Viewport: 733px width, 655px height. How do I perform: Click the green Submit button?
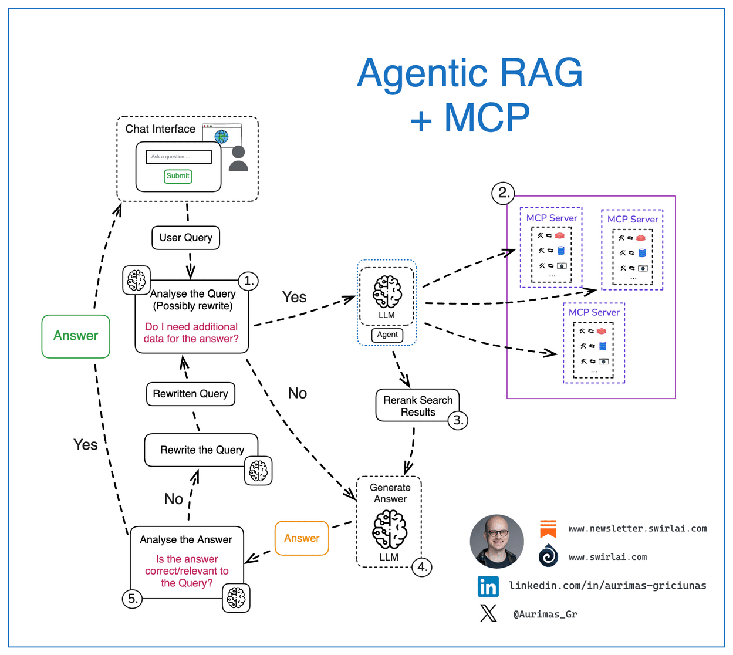click(x=178, y=176)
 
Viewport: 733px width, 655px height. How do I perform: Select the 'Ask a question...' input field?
click(x=178, y=157)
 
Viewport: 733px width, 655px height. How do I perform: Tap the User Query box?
click(x=185, y=238)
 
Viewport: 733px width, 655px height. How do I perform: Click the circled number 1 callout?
click(x=248, y=281)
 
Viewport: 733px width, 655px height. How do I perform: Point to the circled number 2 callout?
click(x=503, y=193)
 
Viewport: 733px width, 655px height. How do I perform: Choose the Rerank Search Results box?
click(x=417, y=406)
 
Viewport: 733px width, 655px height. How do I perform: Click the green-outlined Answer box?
click(x=76, y=336)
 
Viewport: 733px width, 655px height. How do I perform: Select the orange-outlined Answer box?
click(x=302, y=538)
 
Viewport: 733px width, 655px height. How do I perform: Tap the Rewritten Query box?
click(x=190, y=394)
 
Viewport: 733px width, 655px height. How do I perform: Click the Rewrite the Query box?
click(x=201, y=450)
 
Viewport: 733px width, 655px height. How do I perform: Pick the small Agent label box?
click(x=387, y=335)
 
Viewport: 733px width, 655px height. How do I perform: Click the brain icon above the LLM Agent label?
click(x=387, y=292)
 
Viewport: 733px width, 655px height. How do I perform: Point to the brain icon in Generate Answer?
click(x=390, y=529)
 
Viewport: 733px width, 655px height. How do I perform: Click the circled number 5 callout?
click(x=133, y=599)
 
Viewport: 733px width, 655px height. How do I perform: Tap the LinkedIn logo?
click(x=488, y=586)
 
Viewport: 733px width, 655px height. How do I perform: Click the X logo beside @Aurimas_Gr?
click(x=488, y=614)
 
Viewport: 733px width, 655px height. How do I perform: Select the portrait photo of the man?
click(x=497, y=541)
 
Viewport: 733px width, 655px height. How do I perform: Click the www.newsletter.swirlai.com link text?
click(x=637, y=529)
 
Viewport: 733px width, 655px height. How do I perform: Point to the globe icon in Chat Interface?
click(x=221, y=137)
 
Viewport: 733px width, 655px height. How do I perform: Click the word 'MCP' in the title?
click(x=487, y=118)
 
